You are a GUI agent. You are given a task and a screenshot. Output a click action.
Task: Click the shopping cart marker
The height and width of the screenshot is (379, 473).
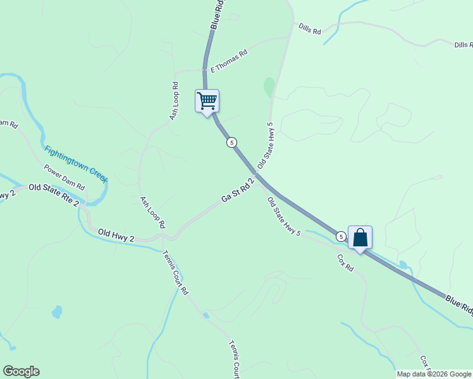207,101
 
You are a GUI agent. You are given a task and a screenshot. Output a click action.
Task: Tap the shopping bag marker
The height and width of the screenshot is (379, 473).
360,238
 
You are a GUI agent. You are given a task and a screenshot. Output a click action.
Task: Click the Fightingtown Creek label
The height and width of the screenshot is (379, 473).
76,164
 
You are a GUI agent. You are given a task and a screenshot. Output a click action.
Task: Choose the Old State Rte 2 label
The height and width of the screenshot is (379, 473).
54,188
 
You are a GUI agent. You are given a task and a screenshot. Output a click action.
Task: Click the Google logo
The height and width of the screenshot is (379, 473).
21,371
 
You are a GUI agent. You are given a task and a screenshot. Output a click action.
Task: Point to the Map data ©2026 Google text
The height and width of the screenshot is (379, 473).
434,374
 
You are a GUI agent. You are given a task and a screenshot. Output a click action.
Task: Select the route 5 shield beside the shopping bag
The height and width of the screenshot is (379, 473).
341,236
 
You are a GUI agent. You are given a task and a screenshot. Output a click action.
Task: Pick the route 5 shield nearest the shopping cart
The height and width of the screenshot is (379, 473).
232,143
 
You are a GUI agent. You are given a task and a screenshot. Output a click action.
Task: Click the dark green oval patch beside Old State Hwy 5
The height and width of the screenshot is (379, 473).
269,87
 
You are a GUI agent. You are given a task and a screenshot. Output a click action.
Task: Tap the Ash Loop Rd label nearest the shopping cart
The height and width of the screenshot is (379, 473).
174,101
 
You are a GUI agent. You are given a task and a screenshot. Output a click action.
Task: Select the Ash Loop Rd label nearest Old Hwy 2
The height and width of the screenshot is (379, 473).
152,212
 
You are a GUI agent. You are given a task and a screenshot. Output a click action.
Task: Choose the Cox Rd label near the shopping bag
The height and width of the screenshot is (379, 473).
345,263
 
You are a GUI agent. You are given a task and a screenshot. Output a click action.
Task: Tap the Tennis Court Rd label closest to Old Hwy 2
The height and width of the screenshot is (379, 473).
175,273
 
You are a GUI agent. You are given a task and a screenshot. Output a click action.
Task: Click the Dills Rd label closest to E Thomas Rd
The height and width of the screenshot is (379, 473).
310,30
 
